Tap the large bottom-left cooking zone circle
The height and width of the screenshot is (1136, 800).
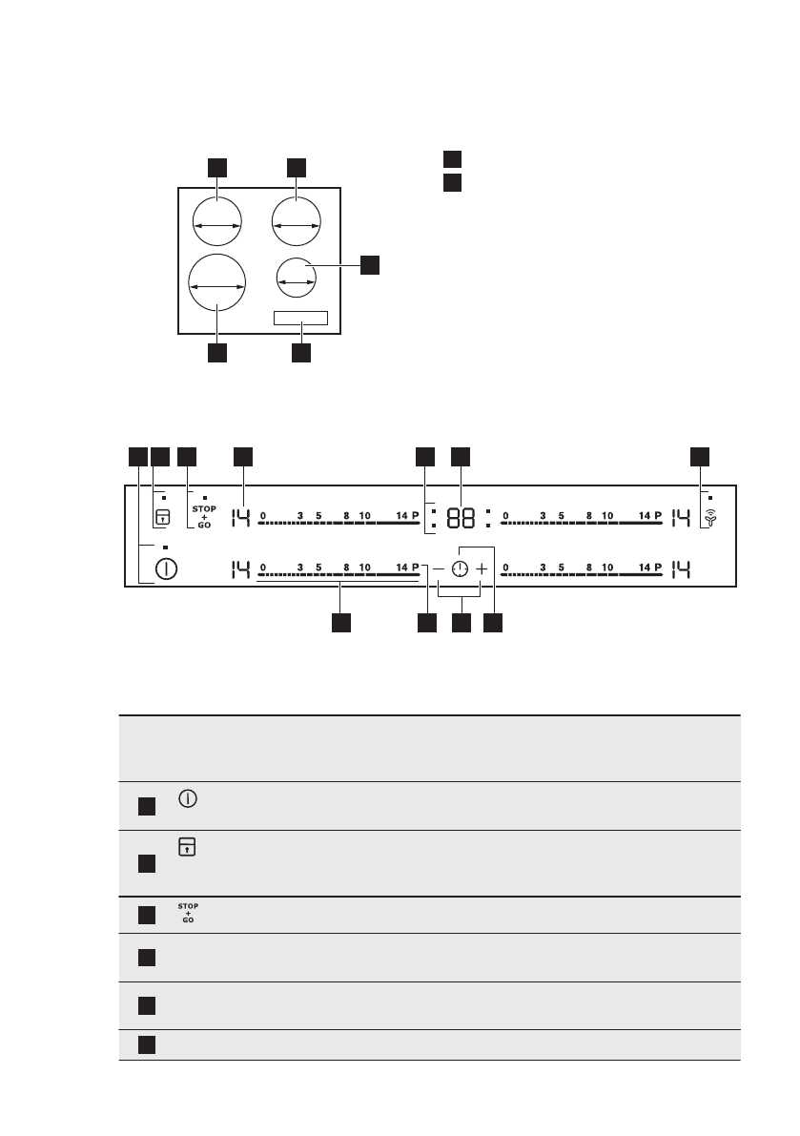tap(216, 284)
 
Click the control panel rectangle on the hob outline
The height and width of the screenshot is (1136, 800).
tap(300, 319)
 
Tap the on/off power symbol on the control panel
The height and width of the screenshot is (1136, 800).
tap(167, 569)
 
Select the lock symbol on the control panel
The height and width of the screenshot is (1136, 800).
tap(162, 518)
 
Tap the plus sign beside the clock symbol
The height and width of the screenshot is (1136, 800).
tap(482, 569)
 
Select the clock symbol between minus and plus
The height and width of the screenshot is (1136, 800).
tap(460, 569)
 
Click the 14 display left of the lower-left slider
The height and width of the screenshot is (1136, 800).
tap(239, 569)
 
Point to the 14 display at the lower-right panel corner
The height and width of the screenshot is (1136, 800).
tap(683, 569)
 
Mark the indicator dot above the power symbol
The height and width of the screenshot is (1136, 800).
tap(165, 547)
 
